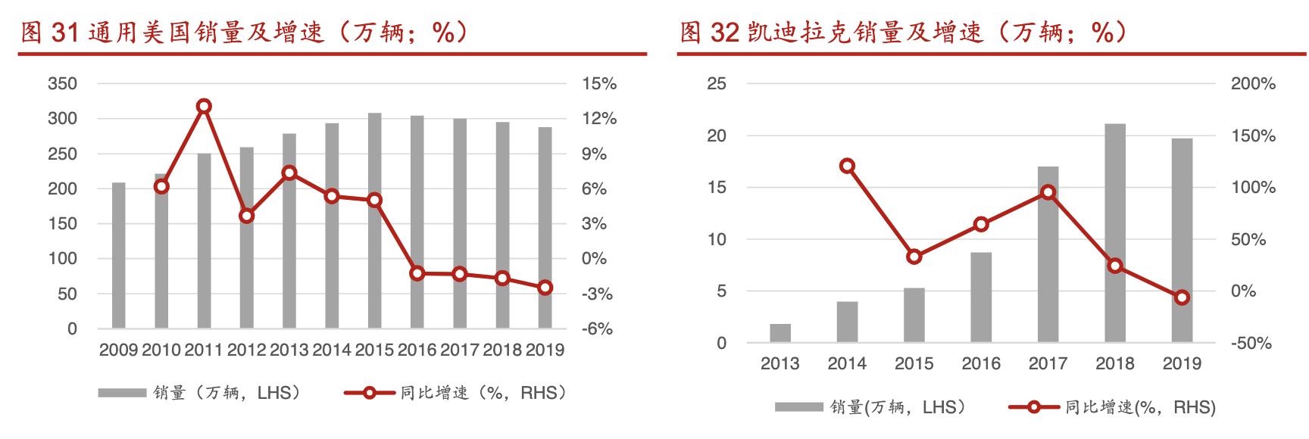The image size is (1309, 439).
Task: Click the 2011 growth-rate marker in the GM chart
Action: coord(204,107)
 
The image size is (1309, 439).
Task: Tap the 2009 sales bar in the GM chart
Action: coord(119,255)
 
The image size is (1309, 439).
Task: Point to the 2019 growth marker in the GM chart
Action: coord(545,288)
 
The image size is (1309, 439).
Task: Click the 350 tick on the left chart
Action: coord(62,84)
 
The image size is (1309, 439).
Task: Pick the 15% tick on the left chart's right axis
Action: coord(599,84)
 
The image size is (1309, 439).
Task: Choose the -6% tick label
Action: coord(598,329)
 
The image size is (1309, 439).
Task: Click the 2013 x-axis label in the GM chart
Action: coord(289,350)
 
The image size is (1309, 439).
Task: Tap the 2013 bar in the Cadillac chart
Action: coord(780,333)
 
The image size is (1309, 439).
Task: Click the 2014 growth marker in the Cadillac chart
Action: coord(848,167)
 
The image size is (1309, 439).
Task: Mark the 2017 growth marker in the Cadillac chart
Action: coord(1048,192)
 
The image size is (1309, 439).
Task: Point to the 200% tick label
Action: coord(1253,84)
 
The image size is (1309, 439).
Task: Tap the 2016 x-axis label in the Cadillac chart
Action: coord(981,364)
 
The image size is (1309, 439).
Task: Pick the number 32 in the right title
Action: coord(723,33)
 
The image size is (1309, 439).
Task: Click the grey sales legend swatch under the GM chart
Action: coord(121,393)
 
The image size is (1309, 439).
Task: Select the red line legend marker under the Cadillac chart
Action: coord(1033,408)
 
